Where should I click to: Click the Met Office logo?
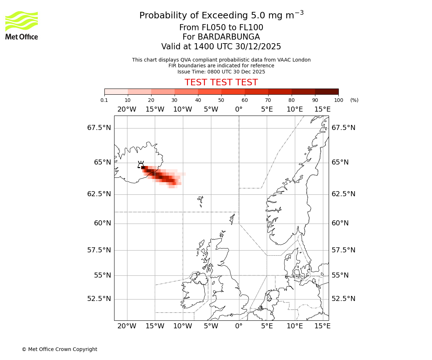click(22, 25)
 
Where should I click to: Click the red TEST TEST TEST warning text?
click(221, 82)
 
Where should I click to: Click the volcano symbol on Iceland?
click(141, 165)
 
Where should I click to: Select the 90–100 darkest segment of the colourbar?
click(327, 91)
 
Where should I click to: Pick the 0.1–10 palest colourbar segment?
click(116, 91)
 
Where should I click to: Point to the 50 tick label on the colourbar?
click(221, 100)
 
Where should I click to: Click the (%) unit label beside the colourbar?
click(354, 100)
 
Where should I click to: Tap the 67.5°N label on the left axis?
click(99, 128)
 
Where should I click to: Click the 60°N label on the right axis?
click(340, 223)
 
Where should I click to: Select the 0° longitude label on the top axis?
click(239, 109)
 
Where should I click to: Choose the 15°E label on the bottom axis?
click(323, 326)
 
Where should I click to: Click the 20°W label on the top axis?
click(127, 109)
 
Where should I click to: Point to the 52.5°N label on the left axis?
click(99, 299)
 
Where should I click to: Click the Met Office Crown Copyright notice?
click(59, 349)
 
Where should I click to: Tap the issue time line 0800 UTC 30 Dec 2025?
click(221, 72)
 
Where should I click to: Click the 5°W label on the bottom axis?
click(211, 326)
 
